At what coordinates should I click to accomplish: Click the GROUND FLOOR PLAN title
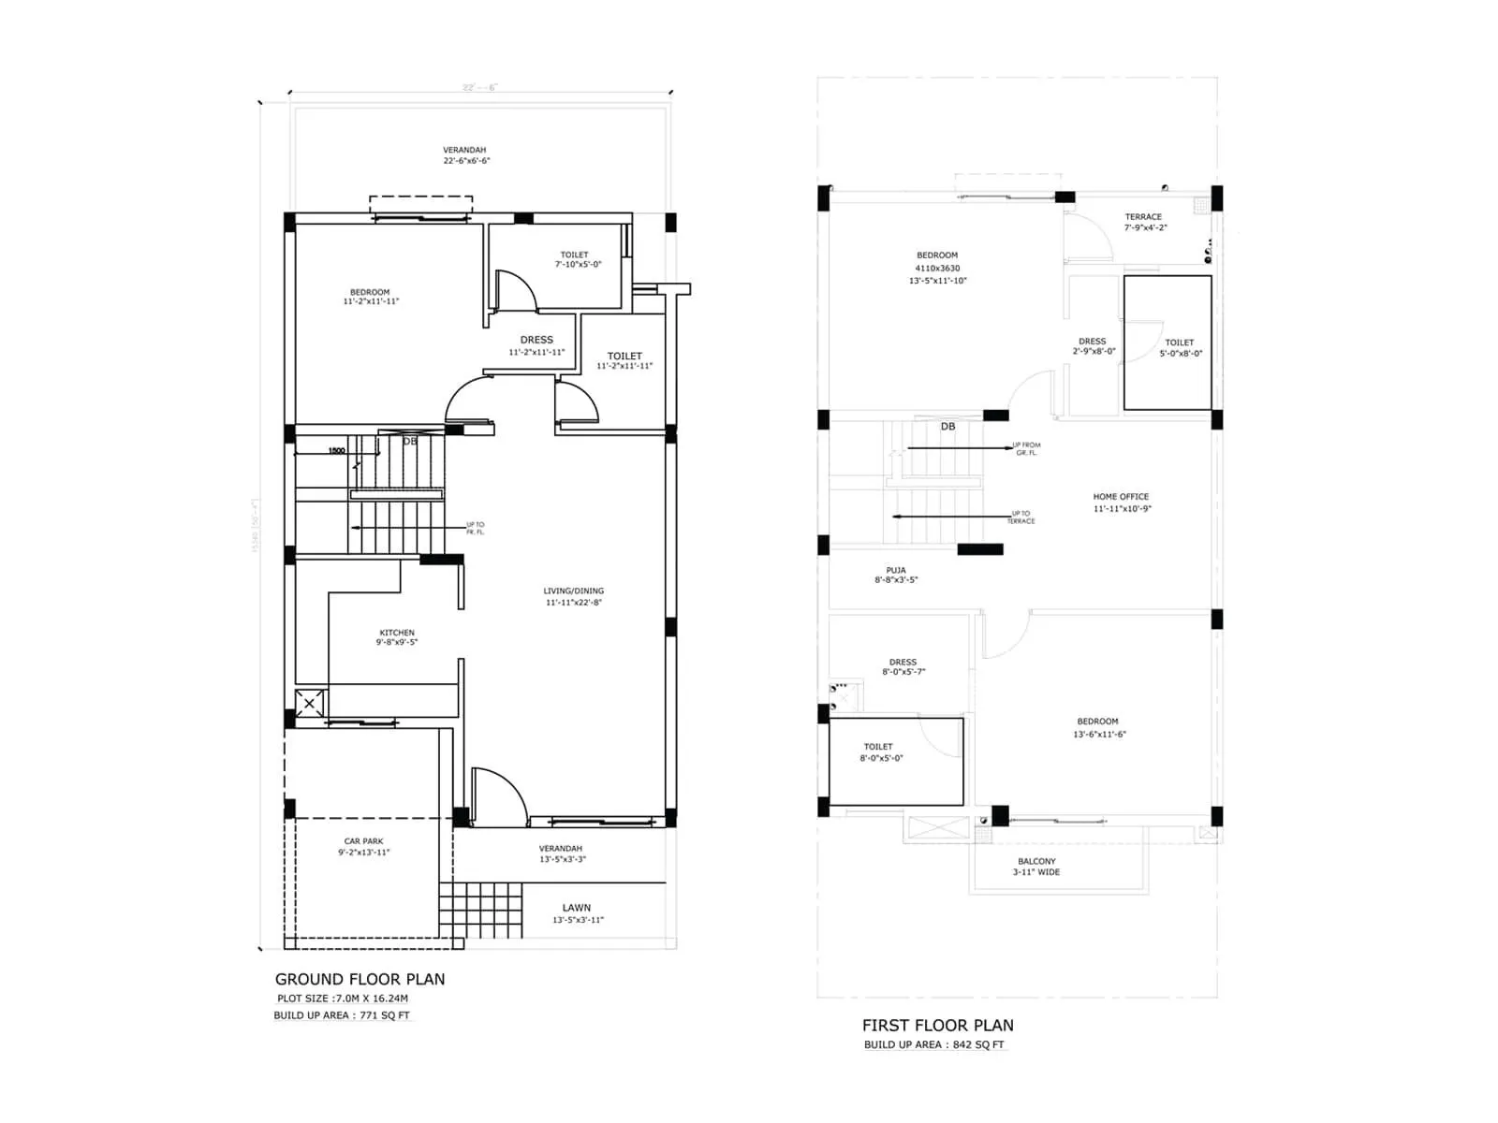point(360,979)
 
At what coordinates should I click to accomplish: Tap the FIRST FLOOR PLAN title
point(937,1025)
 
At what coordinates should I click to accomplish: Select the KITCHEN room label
point(397,633)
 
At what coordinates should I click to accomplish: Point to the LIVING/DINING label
point(573,591)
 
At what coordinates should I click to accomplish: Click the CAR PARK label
point(363,841)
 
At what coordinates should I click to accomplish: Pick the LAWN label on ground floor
point(577,908)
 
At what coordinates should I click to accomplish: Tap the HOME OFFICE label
point(1121,497)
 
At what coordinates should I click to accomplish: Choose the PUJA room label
point(896,570)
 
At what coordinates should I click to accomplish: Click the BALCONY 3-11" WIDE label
point(1036,867)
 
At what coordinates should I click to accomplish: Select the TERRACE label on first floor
point(1143,216)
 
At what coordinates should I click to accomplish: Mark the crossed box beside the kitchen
point(310,703)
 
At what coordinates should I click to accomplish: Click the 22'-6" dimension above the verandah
point(479,87)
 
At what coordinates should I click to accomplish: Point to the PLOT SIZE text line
point(343,999)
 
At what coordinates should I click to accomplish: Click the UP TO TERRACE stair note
point(1021,517)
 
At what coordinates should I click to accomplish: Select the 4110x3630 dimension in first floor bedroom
point(937,268)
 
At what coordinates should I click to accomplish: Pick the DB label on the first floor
point(947,426)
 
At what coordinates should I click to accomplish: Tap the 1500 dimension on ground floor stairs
point(336,451)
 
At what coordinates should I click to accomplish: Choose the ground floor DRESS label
point(536,340)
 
